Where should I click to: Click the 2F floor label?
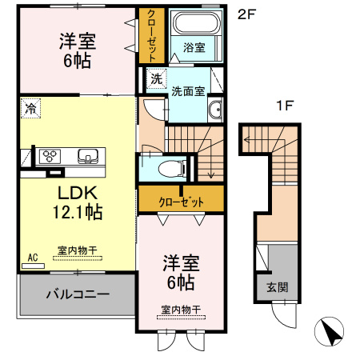(246, 13)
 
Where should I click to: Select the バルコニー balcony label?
(77, 294)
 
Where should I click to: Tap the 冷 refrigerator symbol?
(30, 106)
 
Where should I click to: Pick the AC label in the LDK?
(33, 257)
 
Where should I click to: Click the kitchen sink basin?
(86, 155)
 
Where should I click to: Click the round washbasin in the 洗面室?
(215, 110)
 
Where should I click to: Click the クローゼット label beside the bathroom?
(149, 36)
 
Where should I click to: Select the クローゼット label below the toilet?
(180, 200)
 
